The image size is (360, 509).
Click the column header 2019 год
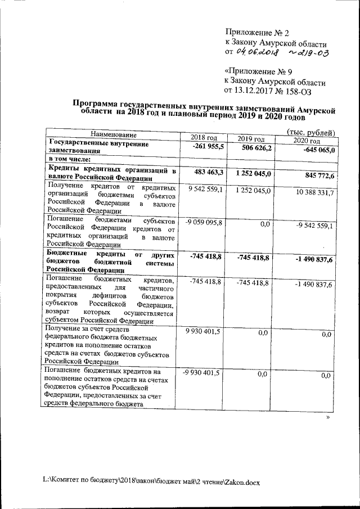(x=251, y=139)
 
